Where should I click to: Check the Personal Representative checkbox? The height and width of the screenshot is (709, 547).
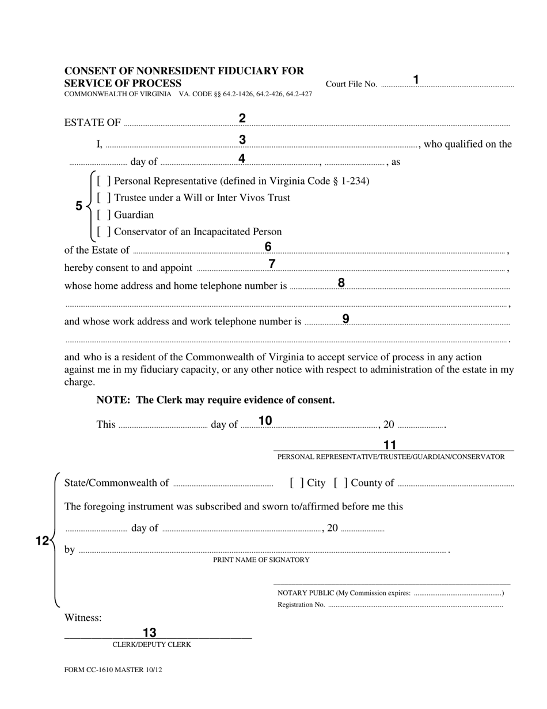[104, 181]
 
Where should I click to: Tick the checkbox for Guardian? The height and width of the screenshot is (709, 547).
[104, 215]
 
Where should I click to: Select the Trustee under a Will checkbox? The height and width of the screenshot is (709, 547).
[104, 198]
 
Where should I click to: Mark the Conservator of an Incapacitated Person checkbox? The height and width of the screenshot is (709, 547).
[104, 232]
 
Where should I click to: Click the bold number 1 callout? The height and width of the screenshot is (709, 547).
[416, 80]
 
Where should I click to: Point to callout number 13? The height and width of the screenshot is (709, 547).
[150, 632]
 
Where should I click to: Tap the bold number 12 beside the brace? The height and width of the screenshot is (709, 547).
[42, 541]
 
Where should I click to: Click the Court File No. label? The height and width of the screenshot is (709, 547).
[351, 84]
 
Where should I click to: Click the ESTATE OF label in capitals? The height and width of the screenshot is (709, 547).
[92, 122]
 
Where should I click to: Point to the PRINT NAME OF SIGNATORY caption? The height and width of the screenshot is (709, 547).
[261, 560]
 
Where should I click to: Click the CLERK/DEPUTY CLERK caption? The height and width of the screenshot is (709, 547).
[151, 644]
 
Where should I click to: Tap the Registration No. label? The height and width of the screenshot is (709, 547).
[301, 605]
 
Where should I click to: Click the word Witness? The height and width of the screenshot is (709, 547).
[83, 618]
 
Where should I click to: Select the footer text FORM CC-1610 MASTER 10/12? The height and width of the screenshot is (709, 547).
[109, 670]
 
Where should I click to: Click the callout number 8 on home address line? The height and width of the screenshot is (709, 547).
[341, 282]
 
